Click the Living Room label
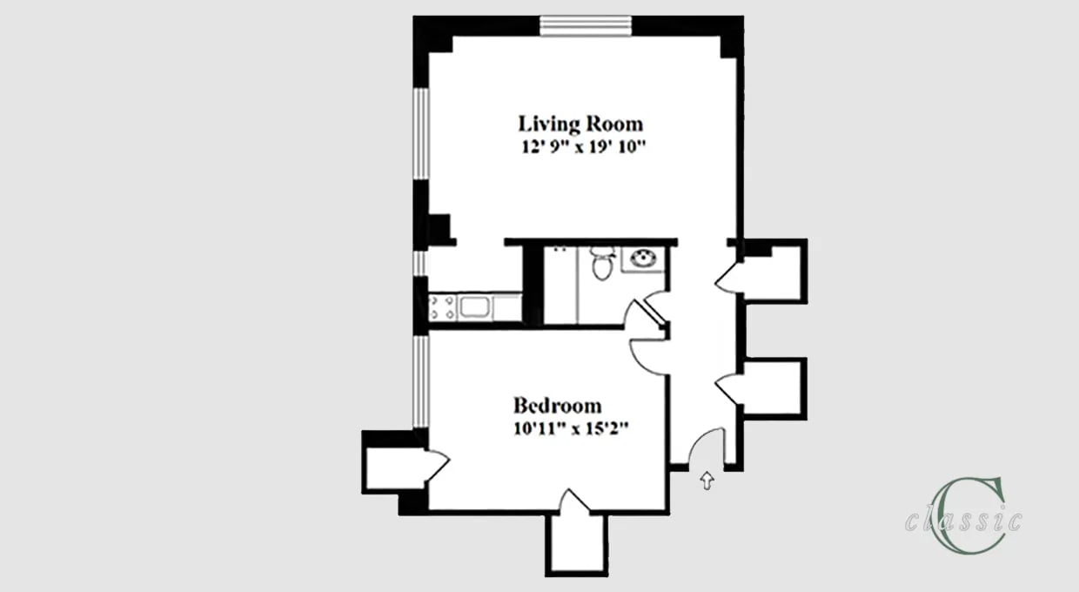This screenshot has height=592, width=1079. click(580, 123)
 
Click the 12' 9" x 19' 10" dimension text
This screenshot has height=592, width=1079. click(580, 146)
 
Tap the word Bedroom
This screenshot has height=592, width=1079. click(557, 406)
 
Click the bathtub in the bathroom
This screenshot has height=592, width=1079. click(560, 286)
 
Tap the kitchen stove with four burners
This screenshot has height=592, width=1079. click(442, 307)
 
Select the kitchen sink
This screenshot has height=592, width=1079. click(475, 306)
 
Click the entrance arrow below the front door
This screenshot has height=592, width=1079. click(707, 480)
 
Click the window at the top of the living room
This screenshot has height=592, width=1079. click(586, 27)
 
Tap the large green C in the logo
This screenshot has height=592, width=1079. click(956, 514)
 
